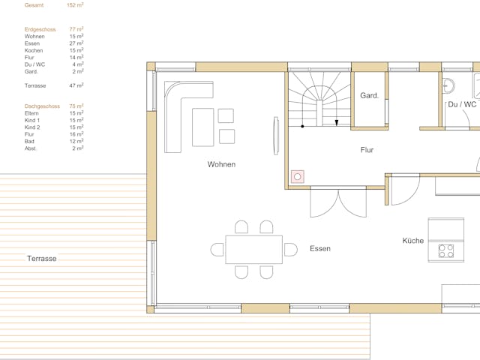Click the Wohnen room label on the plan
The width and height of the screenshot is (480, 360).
coord(221,164)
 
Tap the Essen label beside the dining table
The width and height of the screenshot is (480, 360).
coord(320,248)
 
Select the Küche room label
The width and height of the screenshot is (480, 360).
coord(413,241)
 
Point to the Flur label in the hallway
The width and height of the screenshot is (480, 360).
coord(367,150)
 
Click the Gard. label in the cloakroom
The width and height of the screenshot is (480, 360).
coord(370,95)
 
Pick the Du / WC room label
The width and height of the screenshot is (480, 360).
coord(462,104)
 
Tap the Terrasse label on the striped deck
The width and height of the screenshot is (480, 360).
coord(42,259)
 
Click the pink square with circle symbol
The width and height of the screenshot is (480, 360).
coord(298,177)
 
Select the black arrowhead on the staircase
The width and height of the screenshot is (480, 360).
coord(337,123)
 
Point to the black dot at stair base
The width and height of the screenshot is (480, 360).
coord(302,126)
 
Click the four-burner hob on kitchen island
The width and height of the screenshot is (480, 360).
coord(446,250)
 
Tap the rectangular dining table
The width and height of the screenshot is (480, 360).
coord(253,250)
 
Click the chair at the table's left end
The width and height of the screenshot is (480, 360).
coord(217,250)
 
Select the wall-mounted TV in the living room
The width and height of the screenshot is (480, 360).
coord(276,136)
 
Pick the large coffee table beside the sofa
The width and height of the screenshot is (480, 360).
coord(203,127)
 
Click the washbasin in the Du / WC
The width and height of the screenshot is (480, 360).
coord(448,85)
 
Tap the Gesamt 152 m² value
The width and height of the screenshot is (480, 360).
coord(75,5)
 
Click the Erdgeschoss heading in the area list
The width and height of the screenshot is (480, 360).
coord(40,30)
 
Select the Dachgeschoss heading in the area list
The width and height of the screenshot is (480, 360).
coord(42,106)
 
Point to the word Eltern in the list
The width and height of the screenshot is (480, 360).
coord(31,113)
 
